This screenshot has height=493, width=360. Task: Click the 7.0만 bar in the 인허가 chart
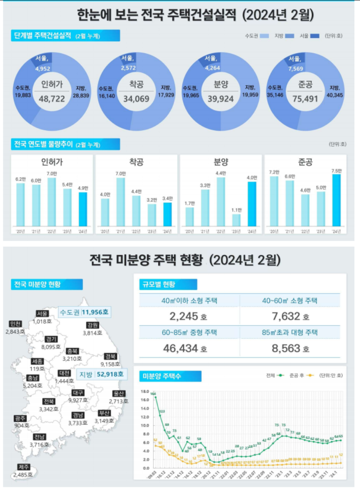point(52,202)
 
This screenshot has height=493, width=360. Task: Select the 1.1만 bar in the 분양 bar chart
point(236,220)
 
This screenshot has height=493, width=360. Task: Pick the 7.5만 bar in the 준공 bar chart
point(336,200)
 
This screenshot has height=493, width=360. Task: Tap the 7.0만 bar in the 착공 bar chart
point(120,202)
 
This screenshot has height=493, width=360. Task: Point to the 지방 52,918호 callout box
point(100,374)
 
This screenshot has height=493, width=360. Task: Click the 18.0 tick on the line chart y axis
point(145,391)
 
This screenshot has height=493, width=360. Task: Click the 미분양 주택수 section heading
point(170,376)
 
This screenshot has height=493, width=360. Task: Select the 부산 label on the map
point(104,413)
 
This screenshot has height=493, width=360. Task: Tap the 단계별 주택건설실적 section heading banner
point(65,36)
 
